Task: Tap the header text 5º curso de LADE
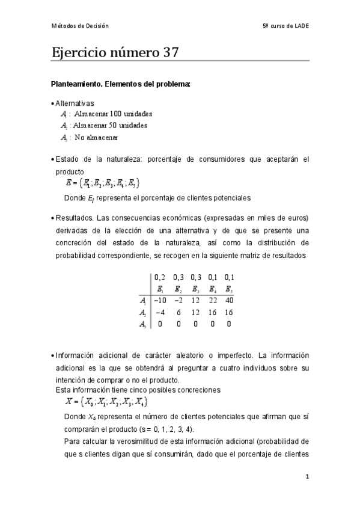pyautogui.click(x=286, y=26)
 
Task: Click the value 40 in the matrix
pyautogui.click(x=229, y=300)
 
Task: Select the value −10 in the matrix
pyautogui.click(x=160, y=300)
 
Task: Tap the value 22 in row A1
pyautogui.click(x=212, y=300)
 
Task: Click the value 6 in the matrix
pyautogui.click(x=178, y=312)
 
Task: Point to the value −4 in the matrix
pyautogui.click(x=160, y=312)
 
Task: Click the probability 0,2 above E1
pyautogui.click(x=160, y=277)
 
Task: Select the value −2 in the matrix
pyautogui.click(x=178, y=300)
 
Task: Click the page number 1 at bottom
pyautogui.click(x=307, y=477)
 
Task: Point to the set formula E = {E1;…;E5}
pyautogui.click(x=105, y=182)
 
